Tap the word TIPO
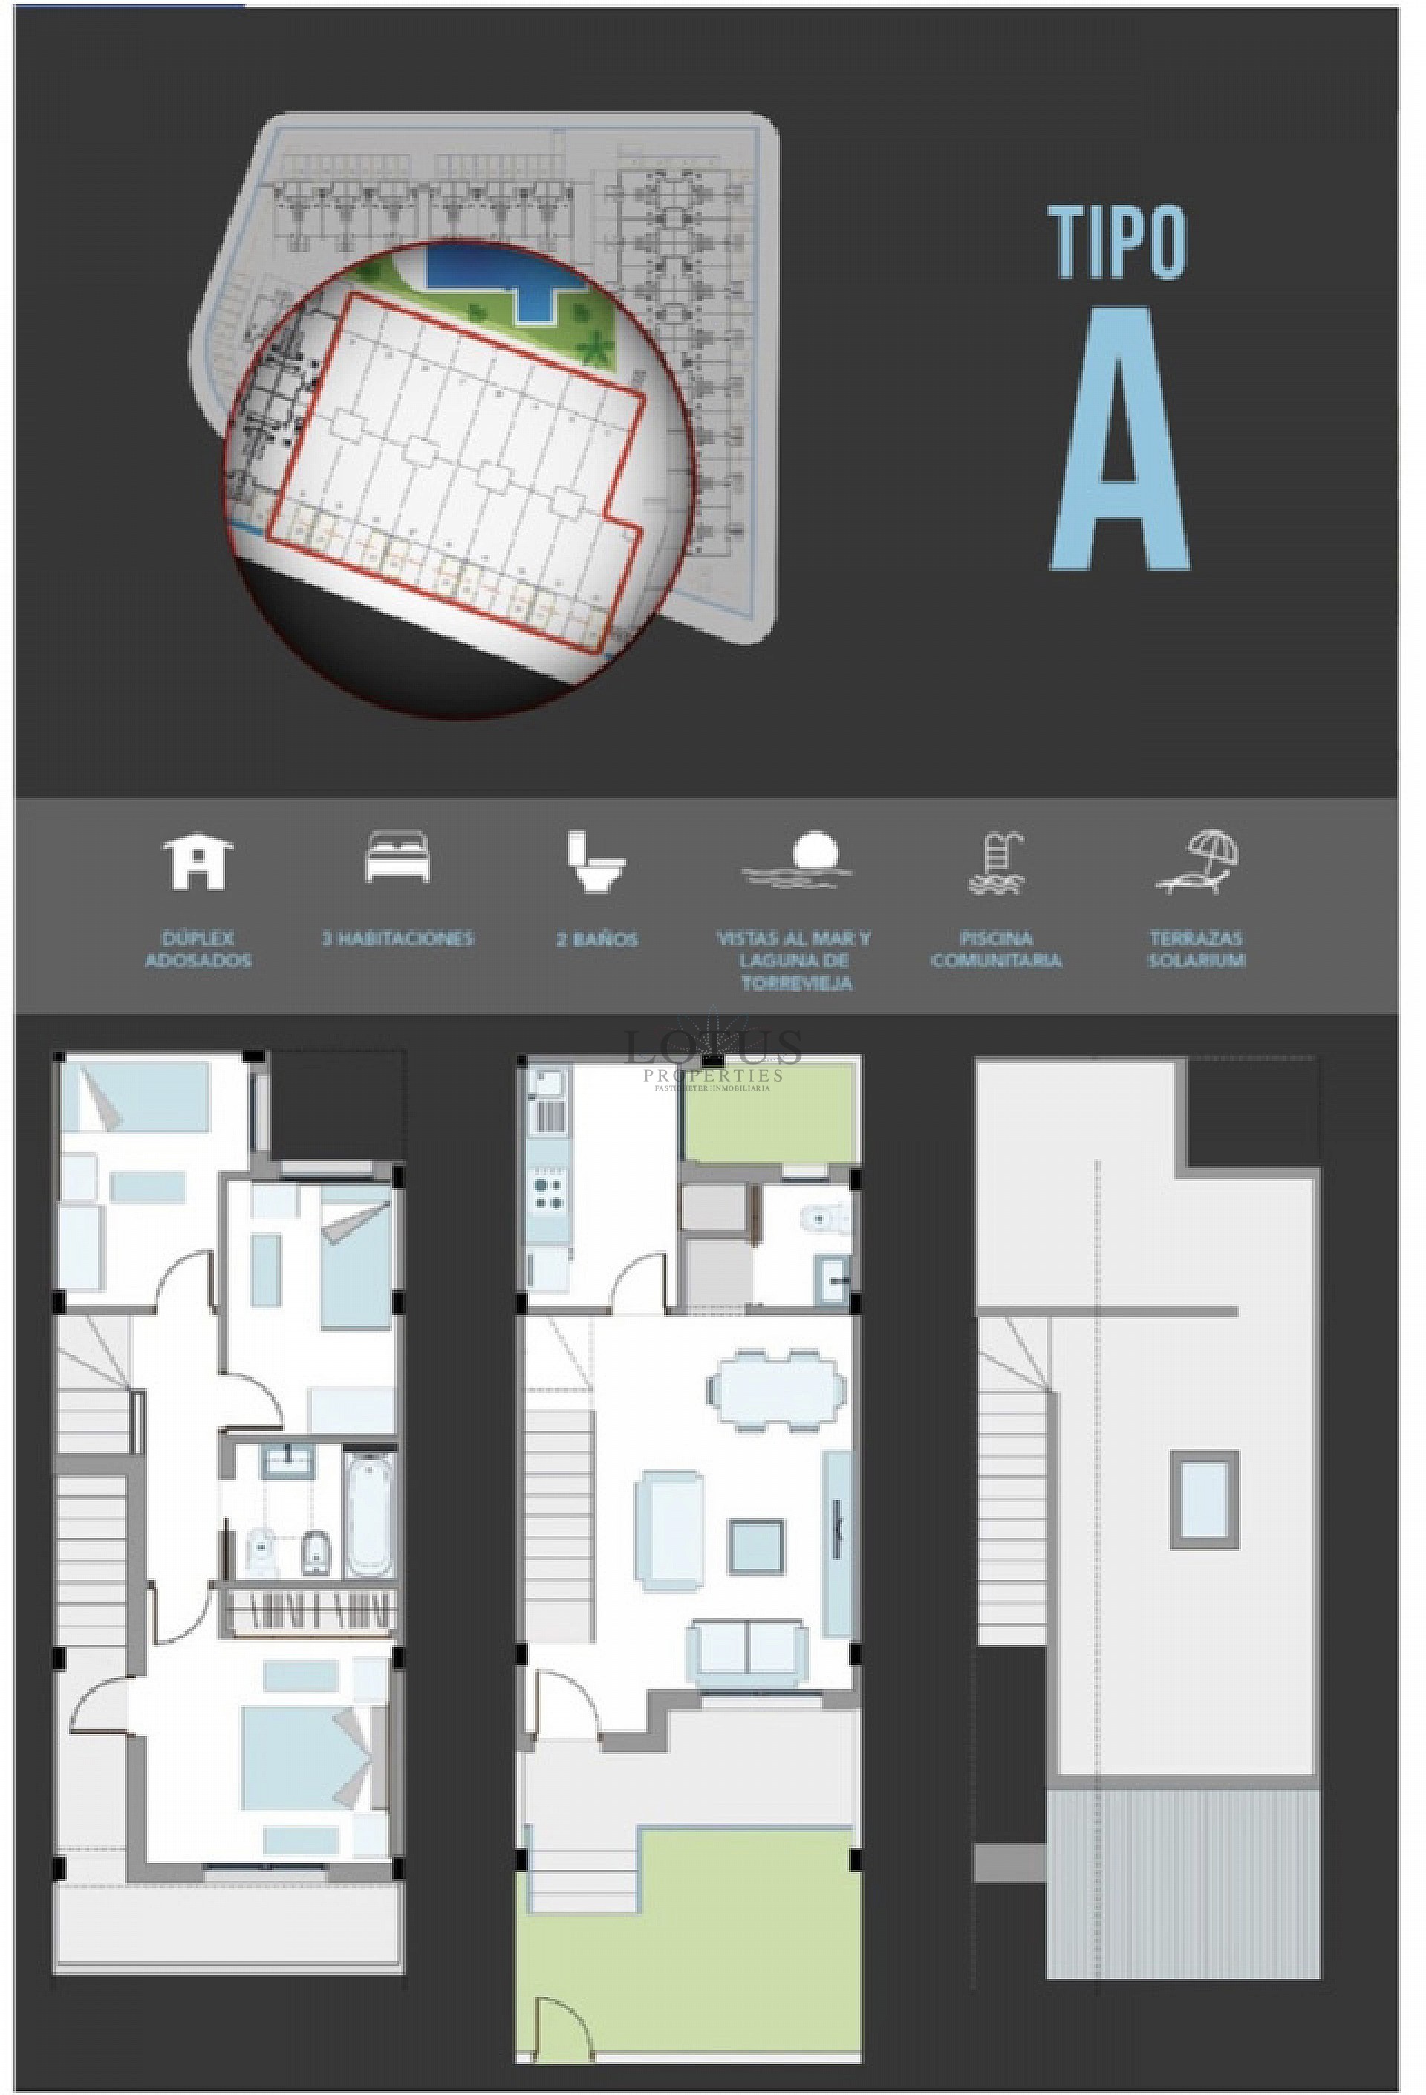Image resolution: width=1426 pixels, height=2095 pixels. coord(1118,241)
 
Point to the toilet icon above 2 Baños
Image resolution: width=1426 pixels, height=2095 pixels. coord(596,862)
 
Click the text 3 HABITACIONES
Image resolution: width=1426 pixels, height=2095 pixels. coord(397,938)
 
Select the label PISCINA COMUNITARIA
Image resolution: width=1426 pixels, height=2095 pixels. coord(996,949)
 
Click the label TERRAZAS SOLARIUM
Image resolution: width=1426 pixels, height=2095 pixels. coord(1197,949)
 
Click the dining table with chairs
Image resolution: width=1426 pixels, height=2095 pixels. coord(775,1389)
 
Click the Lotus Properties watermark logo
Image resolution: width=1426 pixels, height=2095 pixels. coord(713,1056)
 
